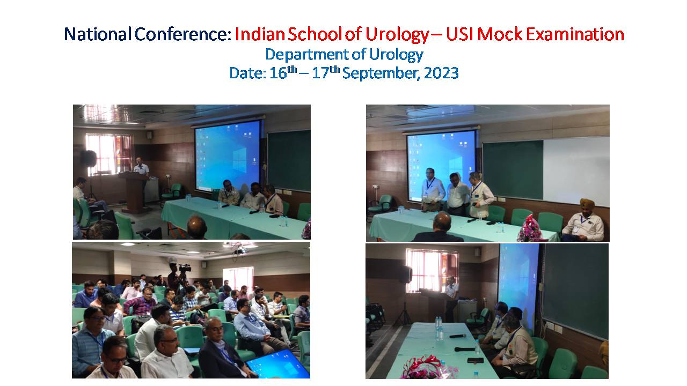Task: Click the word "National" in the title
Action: point(98,34)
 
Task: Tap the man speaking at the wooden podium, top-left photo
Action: point(142,168)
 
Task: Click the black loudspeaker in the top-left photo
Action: point(89,158)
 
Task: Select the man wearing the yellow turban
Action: point(583,220)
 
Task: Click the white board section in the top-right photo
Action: point(576,170)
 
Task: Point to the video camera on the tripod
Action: point(185,269)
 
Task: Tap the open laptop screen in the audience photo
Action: point(278,364)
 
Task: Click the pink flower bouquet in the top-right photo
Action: point(529,228)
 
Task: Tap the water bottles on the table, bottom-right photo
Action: point(439,328)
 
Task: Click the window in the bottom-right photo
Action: point(432,270)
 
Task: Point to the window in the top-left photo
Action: point(109,154)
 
